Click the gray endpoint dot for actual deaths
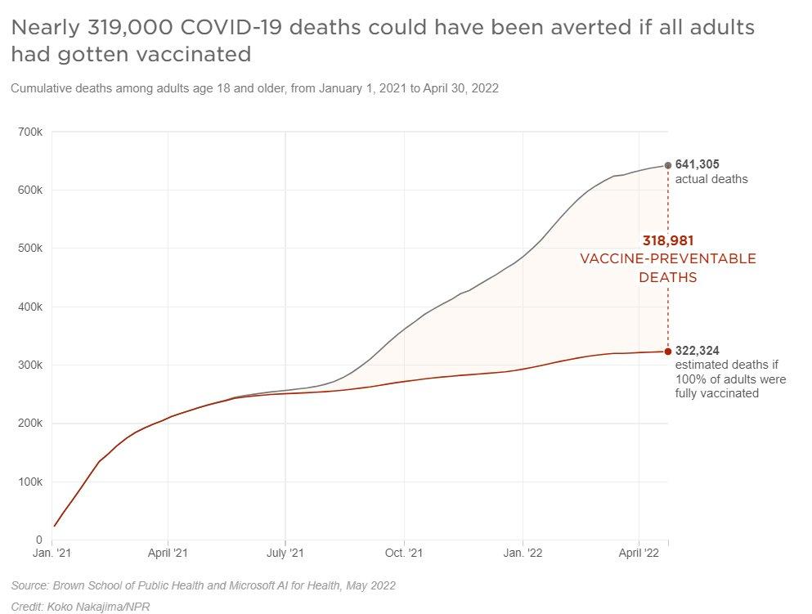668,165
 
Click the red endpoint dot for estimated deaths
668,352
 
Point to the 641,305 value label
697,164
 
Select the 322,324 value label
697,351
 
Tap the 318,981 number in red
667,240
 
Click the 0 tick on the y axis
38,540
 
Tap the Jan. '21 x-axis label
52,553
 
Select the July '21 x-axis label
285,553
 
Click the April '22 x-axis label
639,553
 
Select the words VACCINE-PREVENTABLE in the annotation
667,259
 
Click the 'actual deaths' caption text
711,179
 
